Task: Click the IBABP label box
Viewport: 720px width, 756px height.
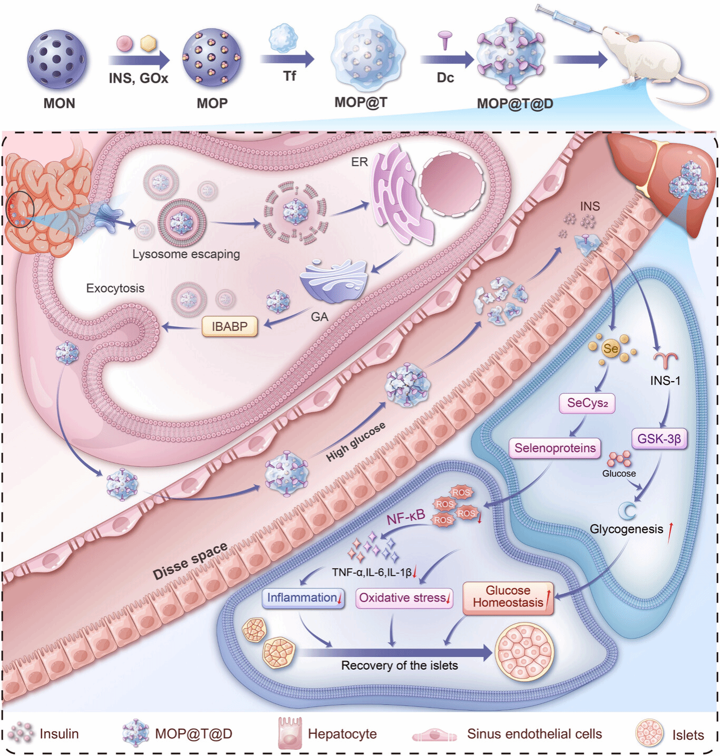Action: coord(229,327)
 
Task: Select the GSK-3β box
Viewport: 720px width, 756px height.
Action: coord(659,439)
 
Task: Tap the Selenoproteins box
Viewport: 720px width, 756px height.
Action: coord(555,448)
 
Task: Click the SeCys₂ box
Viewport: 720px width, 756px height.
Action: coord(587,403)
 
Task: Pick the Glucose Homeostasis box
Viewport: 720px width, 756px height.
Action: coord(508,597)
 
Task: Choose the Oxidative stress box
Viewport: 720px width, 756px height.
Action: coord(404,598)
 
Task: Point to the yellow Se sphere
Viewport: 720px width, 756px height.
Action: coord(610,348)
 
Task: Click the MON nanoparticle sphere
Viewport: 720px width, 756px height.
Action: coord(57,59)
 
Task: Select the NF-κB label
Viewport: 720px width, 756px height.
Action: coord(405,518)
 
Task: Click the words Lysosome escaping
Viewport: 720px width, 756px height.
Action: coord(186,254)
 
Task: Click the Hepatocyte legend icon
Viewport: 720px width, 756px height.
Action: coord(289,733)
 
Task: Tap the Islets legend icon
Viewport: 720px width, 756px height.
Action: coord(649,733)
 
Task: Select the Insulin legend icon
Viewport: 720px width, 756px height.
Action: coord(21,733)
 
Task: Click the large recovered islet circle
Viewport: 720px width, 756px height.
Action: coord(524,651)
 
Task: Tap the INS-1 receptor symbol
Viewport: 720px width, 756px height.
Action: coord(665,360)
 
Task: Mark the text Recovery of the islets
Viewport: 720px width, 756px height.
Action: coord(399,665)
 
